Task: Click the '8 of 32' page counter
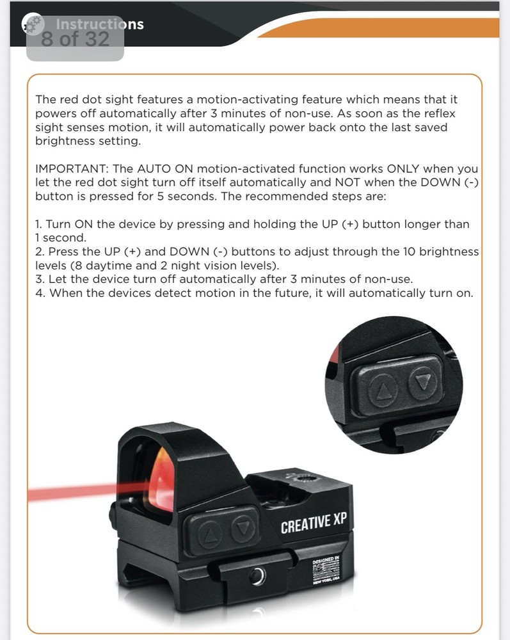(75, 40)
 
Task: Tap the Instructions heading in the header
(99, 24)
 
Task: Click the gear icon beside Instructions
(32, 26)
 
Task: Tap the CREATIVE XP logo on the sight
(313, 523)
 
